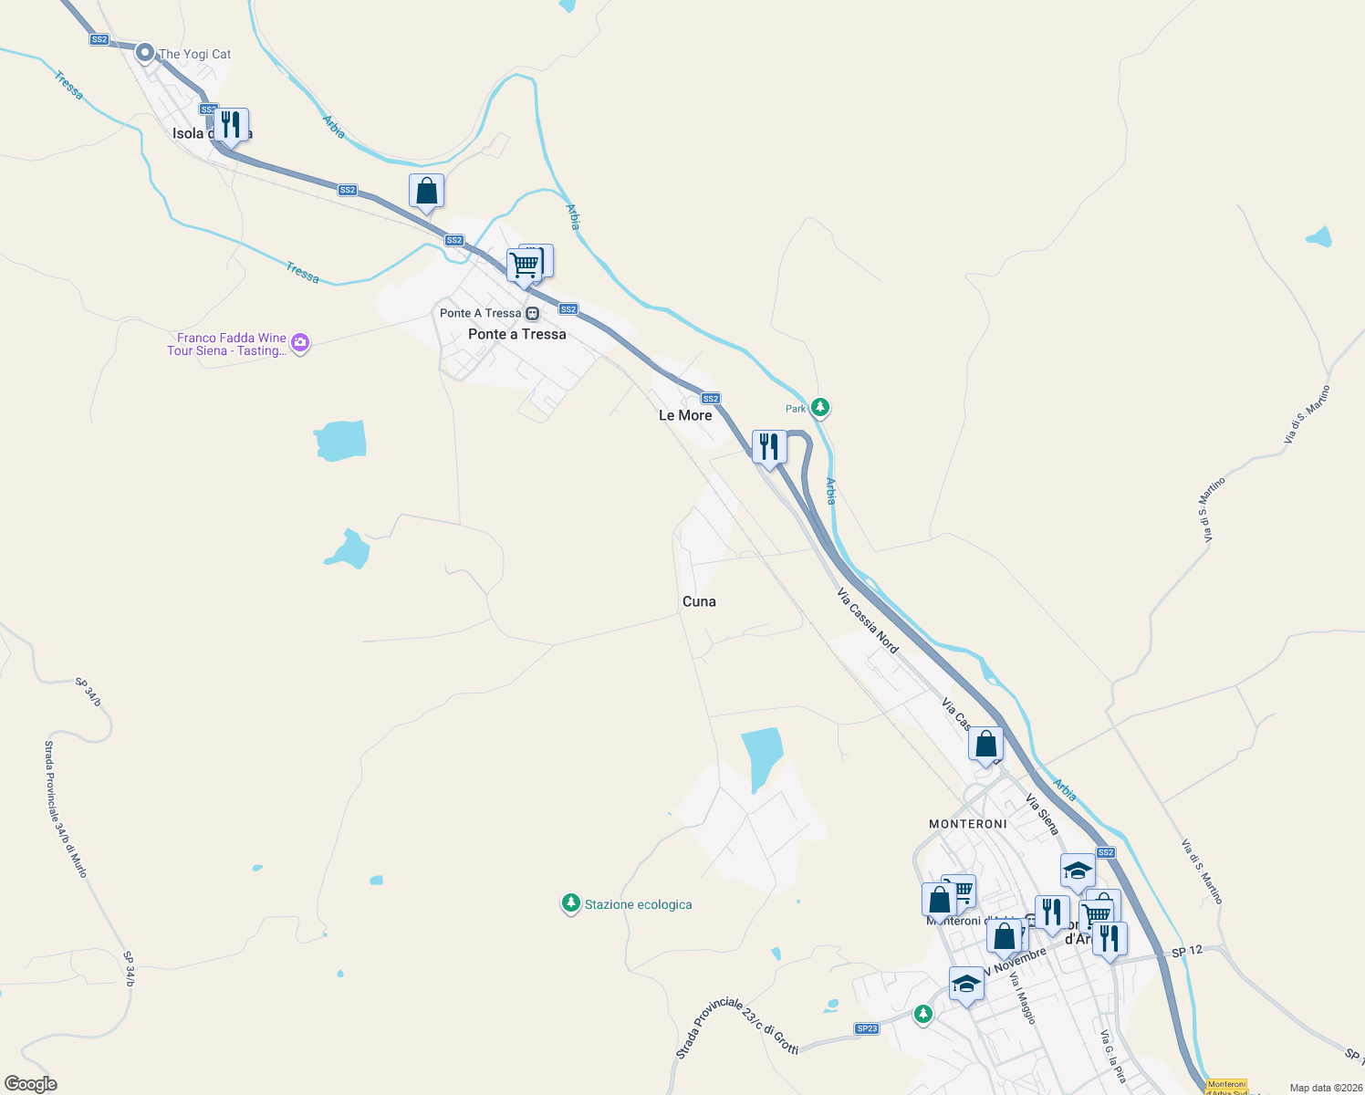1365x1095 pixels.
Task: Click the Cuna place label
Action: [699, 601]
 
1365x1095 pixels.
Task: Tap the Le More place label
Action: [685, 415]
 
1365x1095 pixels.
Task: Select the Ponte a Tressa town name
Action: [516, 334]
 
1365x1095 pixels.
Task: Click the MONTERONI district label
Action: [968, 824]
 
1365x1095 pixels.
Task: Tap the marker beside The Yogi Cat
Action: [144, 53]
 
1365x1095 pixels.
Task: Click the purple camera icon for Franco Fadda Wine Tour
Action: [300, 343]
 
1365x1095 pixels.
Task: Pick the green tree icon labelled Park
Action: [820, 407]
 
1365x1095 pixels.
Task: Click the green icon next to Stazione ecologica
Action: [570, 903]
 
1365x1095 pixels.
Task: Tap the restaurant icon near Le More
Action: [769, 446]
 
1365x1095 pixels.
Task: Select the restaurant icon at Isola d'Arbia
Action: [231, 124]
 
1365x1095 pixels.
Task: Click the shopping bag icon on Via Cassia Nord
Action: [985, 744]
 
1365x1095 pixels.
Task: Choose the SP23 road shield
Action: [867, 1028]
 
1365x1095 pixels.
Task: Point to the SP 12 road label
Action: [1187, 951]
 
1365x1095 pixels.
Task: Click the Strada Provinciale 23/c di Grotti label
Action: [736, 1026]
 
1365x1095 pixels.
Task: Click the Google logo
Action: [30, 1084]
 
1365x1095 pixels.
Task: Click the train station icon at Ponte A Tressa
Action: [533, 313]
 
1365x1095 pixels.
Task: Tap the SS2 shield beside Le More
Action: [711, 398]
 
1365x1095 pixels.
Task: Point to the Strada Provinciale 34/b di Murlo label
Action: [66, 809]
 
